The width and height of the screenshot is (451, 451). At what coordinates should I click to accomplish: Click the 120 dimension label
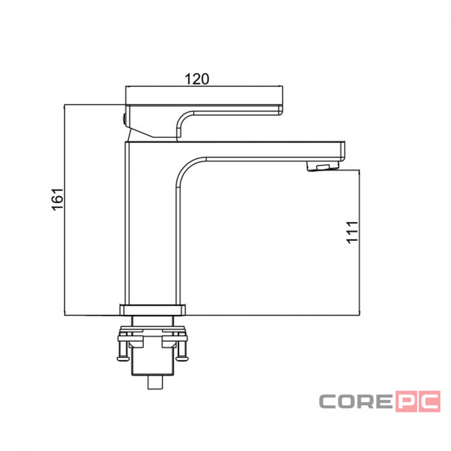pos(197,79)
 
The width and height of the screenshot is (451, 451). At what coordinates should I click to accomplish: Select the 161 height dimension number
pos(58,199)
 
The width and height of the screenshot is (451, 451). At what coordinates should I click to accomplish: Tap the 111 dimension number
pos(352,232)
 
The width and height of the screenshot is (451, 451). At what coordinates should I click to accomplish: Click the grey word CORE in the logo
pos(356,401)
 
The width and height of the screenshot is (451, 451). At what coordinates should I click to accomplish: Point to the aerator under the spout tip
pos(323,166)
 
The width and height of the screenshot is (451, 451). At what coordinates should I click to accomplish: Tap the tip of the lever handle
pos(281,110)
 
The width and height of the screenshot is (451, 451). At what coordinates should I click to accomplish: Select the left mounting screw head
pos(123,358)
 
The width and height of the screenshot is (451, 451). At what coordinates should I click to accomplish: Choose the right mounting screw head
pos(182,358)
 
